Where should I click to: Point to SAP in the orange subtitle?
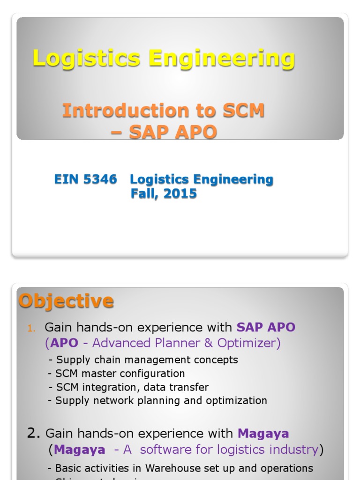coord(148,132)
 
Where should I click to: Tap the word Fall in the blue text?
coord(143,194)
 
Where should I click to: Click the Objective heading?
coord(66,300)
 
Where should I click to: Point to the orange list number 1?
coord(31,328)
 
